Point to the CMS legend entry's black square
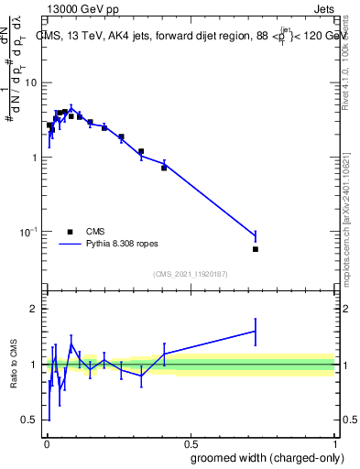point(70,232)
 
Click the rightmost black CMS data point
point(256,249)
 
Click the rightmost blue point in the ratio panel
point(256,331)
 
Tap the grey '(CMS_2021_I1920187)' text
point(191,274)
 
